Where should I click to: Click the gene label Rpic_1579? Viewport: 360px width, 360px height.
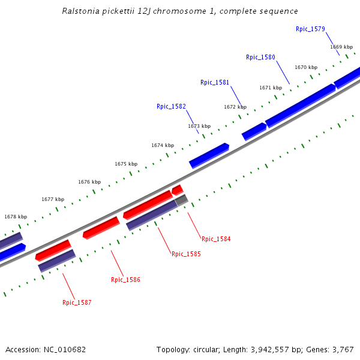[x=310, y=29]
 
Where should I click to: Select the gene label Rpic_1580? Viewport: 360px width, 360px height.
[x=260, y=58]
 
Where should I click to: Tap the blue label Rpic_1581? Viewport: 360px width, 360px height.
[x=215, y=83]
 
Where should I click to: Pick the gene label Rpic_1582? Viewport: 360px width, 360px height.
[x=171, y=107]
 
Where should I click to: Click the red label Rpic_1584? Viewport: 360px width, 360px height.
[x=216, y=239]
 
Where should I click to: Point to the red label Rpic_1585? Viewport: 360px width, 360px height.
[x=186, y=254]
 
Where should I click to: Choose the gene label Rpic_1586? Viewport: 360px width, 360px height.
[x=125, y=280]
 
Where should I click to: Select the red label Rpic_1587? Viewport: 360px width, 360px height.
[x=77, y=303]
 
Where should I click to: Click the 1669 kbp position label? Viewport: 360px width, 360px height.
[x=341, y=47]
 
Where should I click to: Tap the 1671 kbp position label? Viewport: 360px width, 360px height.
[x=271, y=88]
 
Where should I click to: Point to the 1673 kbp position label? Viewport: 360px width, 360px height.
[x=199, y=127]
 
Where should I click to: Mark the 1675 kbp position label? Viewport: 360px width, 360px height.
[x=126, y=164]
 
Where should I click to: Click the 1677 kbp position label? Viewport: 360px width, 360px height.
[x=53, y=199]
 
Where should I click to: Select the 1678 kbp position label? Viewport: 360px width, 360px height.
[x=16, y=217]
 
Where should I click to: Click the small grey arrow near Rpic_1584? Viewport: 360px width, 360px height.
[x=182, y=200]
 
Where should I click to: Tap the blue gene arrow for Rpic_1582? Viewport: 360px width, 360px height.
[x=209, y=155]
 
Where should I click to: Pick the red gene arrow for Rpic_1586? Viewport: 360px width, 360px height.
[x=101, y=227]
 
